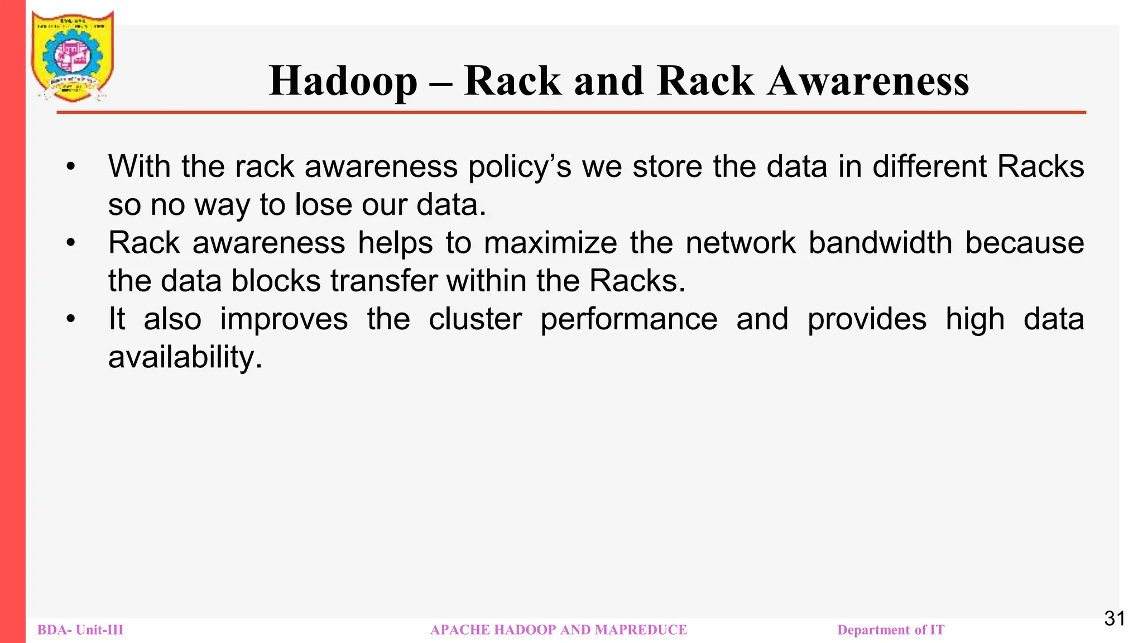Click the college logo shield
coord(73,56)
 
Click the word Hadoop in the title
coord(343,81)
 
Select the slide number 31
coord(1115,618)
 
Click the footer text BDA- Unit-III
coord(80,630)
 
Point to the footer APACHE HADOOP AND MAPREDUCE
coord(559,630)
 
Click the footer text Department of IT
coord(891,630)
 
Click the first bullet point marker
coord(70,167)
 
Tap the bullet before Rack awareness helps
coord(70,243)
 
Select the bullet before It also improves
coord(70,319)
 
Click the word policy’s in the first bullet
coord(520,167)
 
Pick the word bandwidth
coord(880,243)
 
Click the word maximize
coord(550,243)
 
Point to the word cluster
coord(475,319)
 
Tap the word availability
coord(185,357)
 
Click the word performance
coord(629,320)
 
